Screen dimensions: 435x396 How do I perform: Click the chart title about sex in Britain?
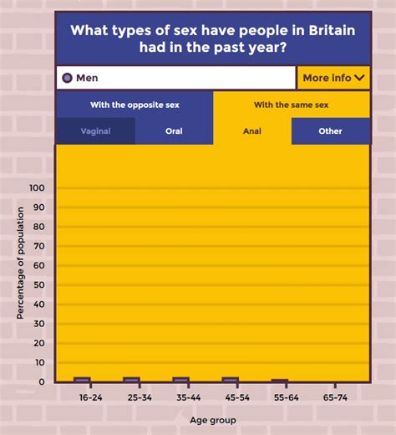pyautogui.click(x=213, y=38)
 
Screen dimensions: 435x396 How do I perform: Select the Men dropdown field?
pyautogui.click(x=176, y=78)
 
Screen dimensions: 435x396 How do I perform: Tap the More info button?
pyautogui.click(x=333, y=78)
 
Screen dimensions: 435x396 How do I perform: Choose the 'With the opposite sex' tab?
pyautogui.click(x=135, y=105)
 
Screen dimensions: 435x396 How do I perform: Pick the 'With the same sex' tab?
pyautogui.click(x=292, y=105)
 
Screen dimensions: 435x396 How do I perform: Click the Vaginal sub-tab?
pyautogui.click(x=95, y=131)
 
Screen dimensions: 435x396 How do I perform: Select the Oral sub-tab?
pyautogui.click(x=174, y=131)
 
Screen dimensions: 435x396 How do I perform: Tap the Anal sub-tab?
pyautogui.click(x=252, y=131)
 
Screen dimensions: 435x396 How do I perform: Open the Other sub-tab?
pyautogui.click(x=330, y=131)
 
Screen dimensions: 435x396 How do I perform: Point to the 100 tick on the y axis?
pyautogui.click(x=36, y=188)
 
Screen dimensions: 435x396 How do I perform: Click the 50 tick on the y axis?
pyautogui.click(x=38, y=285)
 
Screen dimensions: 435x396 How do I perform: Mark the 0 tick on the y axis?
pyautogui.click(x=41, y=382)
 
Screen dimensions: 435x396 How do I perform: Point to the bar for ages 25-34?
pyautogui.click(x=131, y=380)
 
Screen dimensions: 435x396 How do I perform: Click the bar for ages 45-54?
pyautogui.click(x=231, y=380)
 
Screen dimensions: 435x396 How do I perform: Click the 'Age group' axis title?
pyautogui.click(x=212, y=420)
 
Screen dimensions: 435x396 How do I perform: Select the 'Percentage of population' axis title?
pyautogui.click(x=20, y=264)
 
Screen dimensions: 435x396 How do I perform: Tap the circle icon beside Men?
pyautogui.click(x=67, y=78)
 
